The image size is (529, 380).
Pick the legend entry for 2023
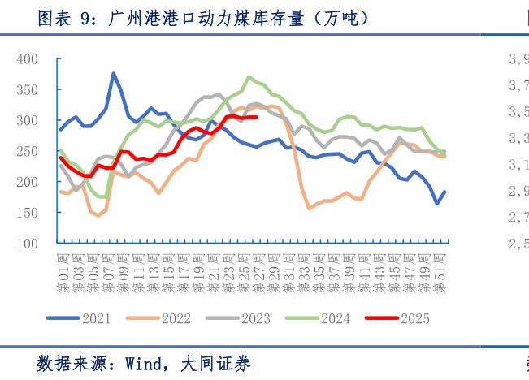[257, 319]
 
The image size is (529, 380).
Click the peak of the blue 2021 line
[114, 73]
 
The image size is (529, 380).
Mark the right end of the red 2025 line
[257, 117]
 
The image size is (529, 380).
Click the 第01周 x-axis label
[62, 274]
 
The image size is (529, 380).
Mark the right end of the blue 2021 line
[444, 192]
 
